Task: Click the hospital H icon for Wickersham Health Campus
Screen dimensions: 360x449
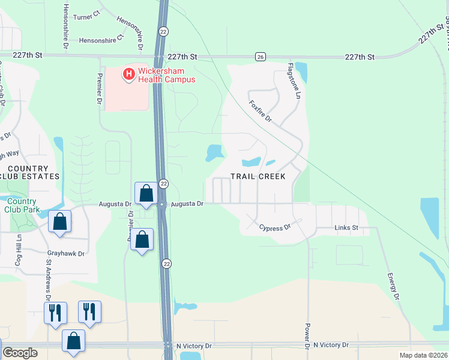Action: (128, 74)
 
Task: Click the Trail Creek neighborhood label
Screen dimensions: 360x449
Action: (258, 176)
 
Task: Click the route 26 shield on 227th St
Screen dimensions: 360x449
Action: (259, 56)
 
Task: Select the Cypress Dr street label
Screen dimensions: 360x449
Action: (274, 227)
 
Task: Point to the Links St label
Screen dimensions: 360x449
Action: (346, 228)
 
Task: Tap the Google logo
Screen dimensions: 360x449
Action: (20, 353)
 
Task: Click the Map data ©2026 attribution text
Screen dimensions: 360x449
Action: (424, 355)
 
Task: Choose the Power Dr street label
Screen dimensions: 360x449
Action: (306, 337)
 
